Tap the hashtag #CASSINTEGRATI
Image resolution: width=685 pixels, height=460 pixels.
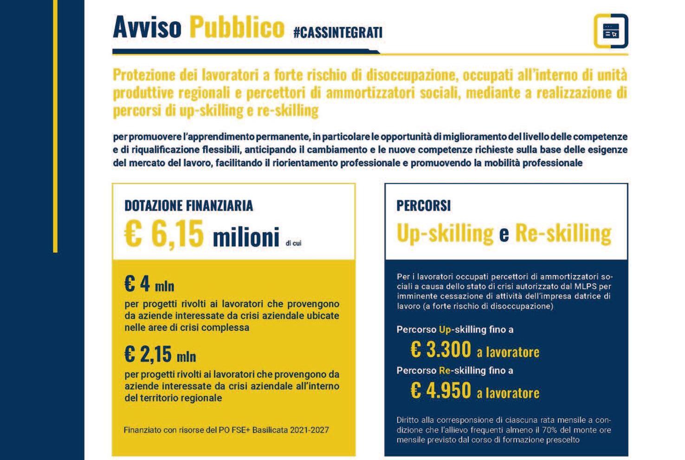[x=338, y=33]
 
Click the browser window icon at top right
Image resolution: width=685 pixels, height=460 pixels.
[x=610, y=31]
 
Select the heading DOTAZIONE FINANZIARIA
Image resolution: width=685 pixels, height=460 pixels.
[x=188, y=205]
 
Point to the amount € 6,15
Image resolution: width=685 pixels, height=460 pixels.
[x=164, y=234]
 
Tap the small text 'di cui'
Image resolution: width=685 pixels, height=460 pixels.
[x=293, y=243]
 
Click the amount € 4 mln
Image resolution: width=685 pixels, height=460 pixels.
[x=149, y=284]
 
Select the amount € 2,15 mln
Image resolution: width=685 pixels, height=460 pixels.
[x=160, y=355]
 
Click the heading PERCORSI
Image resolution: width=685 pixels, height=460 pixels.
[x=423, y=205]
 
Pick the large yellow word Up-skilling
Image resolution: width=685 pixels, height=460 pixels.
[x=445, y=233]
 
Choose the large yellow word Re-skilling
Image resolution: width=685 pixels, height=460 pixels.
[x=563, y=233]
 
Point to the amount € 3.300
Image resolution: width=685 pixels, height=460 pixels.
[x=440, y=349]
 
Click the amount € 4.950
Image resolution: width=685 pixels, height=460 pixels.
[x=440, y=390]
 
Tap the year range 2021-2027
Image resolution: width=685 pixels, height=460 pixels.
[x=309, y=430]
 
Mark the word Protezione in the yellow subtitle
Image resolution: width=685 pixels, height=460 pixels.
[x=144, y=75]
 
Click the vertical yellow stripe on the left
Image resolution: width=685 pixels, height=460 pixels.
[x=55, y=125]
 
